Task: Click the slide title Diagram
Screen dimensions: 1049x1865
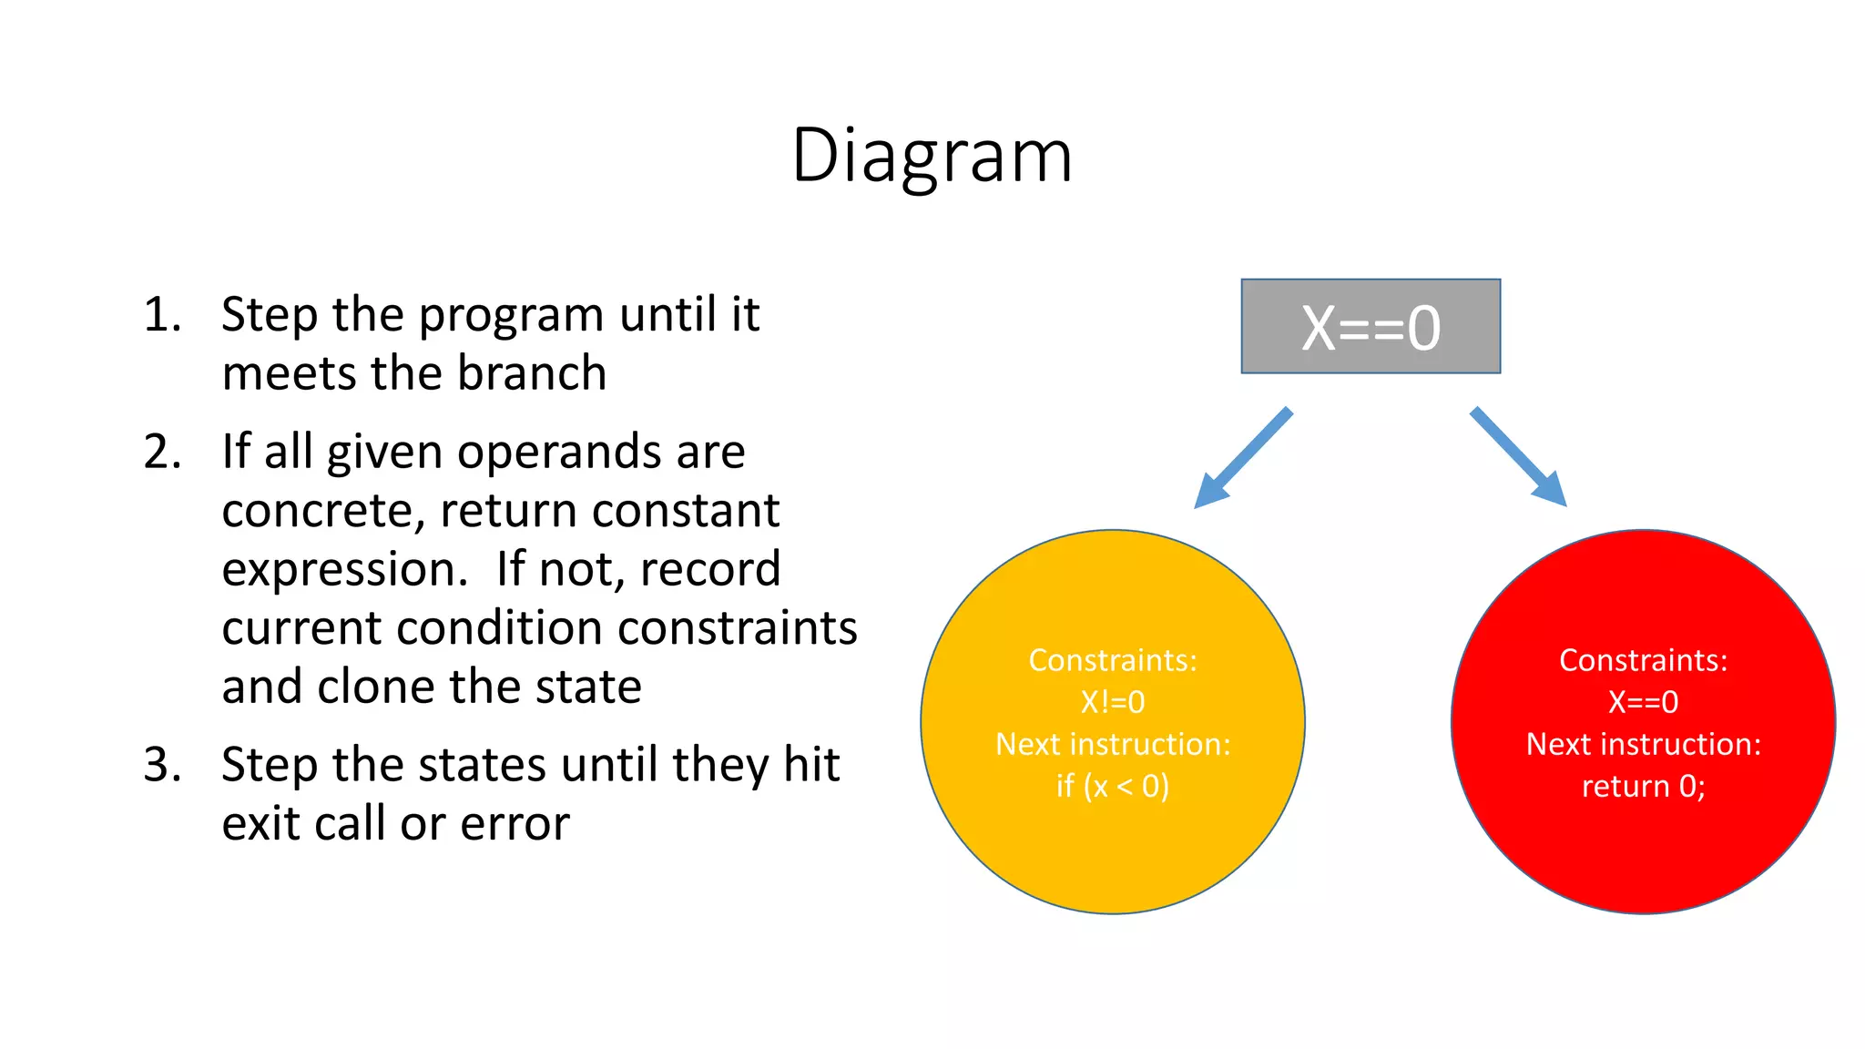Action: coord(932,156)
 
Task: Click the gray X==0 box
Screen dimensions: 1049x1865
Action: coord(1371,327)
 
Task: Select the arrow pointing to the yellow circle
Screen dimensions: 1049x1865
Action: coord(1244,457)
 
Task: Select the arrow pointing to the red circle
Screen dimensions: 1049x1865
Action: coord(1518,456)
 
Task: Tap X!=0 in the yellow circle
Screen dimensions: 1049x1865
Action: coord(1112,702)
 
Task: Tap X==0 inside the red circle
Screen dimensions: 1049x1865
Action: coord(1643,702)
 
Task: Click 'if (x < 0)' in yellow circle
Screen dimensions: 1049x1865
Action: coord(1112,786)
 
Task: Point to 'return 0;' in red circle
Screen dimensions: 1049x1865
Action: coord(1643,786)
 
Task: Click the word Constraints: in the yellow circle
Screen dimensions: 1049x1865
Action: coord(1112,660)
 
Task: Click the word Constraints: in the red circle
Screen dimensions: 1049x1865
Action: coord(1643,660)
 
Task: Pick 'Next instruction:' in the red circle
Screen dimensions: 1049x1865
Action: coord(1643,744)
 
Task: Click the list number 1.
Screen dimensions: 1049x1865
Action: coord(162,315)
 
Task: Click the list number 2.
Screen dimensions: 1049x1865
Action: coord(162,453)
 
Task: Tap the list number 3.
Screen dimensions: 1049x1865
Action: coord(162,765)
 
